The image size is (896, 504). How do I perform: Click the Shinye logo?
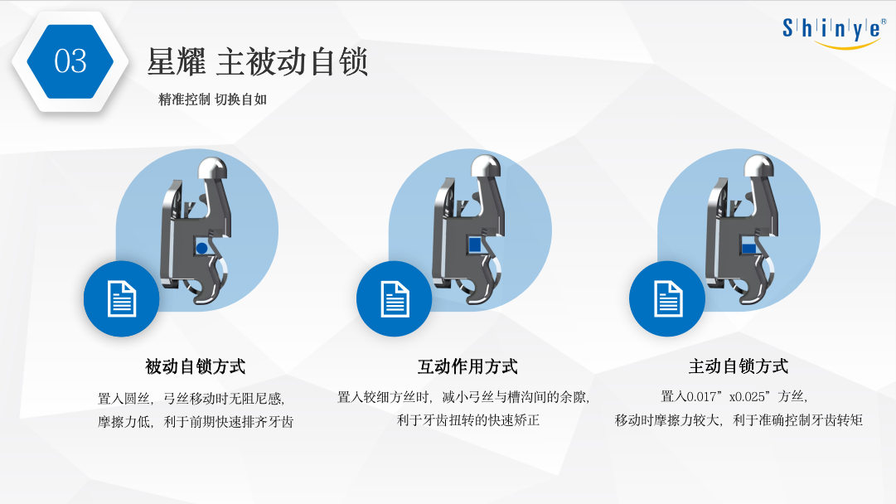coord(834,32)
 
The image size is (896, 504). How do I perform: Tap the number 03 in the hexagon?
coord(70,61)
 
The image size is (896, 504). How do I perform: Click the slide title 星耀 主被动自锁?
coord(257,61)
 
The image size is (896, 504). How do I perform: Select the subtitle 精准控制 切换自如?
coord(212,99)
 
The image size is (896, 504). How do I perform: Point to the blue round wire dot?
coord(201,248)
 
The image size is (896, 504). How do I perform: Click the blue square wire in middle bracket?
coord(474,245)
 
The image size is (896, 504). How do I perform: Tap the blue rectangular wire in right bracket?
coord(749,248)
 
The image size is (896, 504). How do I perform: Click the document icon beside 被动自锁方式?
coord(122,299)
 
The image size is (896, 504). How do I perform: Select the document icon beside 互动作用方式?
coord(395,299)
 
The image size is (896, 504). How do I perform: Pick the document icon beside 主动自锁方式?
coord(667,299)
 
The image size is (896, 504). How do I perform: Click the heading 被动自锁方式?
coord(195,366)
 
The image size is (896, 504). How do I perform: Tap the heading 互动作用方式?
coord(467,366)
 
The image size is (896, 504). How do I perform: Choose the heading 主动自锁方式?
coord(739,366)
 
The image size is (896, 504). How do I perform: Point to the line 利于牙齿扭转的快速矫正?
coord(468,420)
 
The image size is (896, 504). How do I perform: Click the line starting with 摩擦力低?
coord(196,422)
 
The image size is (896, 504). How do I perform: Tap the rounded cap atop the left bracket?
coord(212,168)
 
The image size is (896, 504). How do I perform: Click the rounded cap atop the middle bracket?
coord(486,168)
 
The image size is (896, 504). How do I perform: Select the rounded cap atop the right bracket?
coord(759,168)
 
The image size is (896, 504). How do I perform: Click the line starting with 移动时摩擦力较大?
coord(739,420)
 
